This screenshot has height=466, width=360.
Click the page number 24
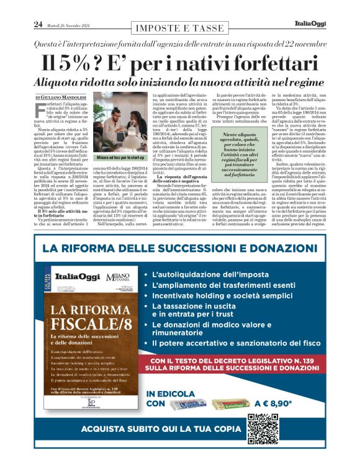tap(38, 24)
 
